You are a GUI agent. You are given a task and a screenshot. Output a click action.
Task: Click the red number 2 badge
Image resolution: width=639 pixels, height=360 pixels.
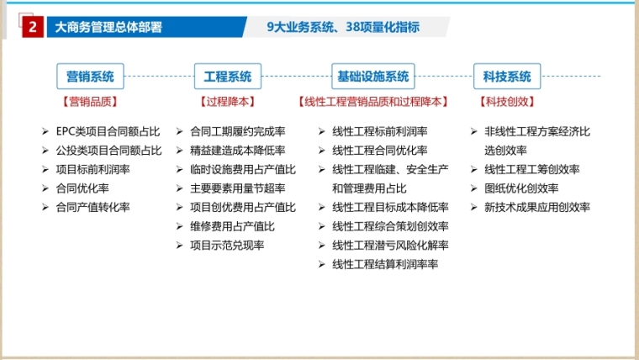click(x=33, y=27)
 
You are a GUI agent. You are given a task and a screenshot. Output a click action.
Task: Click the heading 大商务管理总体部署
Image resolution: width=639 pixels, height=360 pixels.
click(x=108, y=27)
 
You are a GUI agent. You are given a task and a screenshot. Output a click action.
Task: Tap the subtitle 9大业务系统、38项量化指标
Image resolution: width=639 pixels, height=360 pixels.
click(x=343, y=27)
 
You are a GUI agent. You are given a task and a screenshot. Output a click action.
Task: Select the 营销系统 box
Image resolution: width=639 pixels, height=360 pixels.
click(x=90, y=77)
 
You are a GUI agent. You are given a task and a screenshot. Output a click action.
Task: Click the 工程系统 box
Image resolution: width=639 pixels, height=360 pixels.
click(x=227, y=77)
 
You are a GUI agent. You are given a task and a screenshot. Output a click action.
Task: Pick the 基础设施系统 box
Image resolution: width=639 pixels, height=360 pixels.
click(x=372, y=77)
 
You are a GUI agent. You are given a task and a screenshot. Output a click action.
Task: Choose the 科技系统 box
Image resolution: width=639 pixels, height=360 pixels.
click(x=507, y=77)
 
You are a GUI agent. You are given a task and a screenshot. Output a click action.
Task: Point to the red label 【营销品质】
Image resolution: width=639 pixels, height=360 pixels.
click(x=90, y=102)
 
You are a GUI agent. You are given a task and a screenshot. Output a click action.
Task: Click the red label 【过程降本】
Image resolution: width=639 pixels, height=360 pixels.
click(x=227, y=102)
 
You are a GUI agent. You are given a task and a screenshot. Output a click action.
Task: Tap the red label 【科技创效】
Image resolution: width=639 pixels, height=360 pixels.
click(x=507, y=102)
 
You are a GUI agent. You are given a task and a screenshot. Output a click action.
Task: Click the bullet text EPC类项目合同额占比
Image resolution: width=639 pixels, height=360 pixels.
click(x=108, y=132)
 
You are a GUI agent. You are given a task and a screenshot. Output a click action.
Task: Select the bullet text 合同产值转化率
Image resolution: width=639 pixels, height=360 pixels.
click(x=93, y=207)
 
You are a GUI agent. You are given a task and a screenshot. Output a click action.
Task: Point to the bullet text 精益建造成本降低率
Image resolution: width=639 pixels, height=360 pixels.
click(x=238, y=151)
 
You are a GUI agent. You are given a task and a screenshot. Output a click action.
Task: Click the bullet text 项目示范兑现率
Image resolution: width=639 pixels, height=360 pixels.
click(x=227, y=246)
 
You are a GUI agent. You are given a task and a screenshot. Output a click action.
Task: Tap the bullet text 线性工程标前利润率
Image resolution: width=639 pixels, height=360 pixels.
click(x=380, y=132)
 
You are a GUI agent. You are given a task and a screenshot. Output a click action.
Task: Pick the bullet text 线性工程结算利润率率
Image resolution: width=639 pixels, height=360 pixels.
click(x=385, y=264)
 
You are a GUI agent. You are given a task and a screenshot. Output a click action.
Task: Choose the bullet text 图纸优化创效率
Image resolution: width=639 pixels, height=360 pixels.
click(x=521, y=188)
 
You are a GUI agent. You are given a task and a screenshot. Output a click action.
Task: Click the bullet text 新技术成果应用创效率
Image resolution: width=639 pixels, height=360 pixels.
click(x=537, y=207)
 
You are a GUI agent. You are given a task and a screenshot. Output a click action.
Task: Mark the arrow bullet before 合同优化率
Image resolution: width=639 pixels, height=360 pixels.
click(x=45, y=188)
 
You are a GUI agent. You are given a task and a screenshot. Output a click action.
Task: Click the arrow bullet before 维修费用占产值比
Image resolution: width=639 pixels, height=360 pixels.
click(x=179, y=226)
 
